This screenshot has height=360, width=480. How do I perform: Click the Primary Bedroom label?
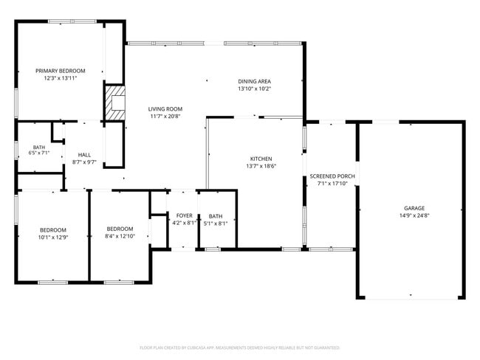point(61,71)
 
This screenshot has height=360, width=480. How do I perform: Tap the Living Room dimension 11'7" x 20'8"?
point(165,117)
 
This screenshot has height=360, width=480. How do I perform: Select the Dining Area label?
point(254,81)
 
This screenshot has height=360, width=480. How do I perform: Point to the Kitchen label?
point(261,159)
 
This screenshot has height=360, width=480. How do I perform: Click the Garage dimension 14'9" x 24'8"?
point(414,215)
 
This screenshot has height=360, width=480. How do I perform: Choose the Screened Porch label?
point(332,176)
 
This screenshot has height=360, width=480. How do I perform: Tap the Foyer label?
point(185,215)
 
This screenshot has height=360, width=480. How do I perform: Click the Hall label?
point(84,155)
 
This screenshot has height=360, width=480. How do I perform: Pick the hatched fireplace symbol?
point(114,103)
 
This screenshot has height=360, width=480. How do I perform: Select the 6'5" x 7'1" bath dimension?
point(39,153)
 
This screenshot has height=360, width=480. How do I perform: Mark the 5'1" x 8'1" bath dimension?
point(216,224)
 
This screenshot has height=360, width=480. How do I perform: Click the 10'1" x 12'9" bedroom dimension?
point(53,238)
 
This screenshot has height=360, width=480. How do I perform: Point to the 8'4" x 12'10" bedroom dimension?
point(120,236)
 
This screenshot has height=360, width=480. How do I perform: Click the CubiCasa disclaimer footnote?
point(240,347)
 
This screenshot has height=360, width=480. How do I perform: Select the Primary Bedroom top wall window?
point(72,21)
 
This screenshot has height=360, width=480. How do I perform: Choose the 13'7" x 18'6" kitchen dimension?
point(261,166)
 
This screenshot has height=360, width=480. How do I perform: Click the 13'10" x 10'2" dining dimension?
point(254,89)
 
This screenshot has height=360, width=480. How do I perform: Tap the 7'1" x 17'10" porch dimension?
point(332,184)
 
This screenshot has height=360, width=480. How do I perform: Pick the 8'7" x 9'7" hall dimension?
point(84,162)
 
